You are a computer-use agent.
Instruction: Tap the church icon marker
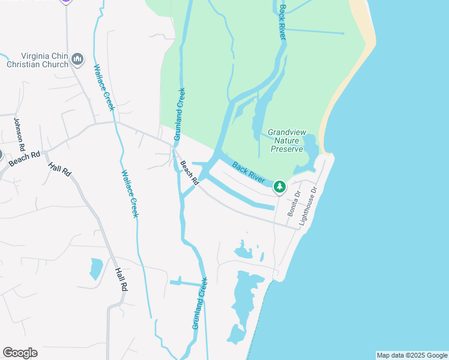tap(77, 59)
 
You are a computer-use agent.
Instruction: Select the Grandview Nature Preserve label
tap(285, 140)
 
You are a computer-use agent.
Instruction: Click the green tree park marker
tap(280, 187)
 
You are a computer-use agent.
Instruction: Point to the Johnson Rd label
tap(20, 134)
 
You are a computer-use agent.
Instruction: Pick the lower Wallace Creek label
tap(130, 193)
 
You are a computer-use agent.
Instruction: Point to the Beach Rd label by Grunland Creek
tap(190, 173)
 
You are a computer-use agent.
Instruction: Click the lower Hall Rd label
tap(121, 279)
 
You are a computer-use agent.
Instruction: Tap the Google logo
tap(20, 353)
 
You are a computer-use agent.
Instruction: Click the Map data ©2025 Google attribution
tap(411, 355)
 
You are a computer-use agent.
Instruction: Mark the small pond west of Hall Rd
tap(96, 268)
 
